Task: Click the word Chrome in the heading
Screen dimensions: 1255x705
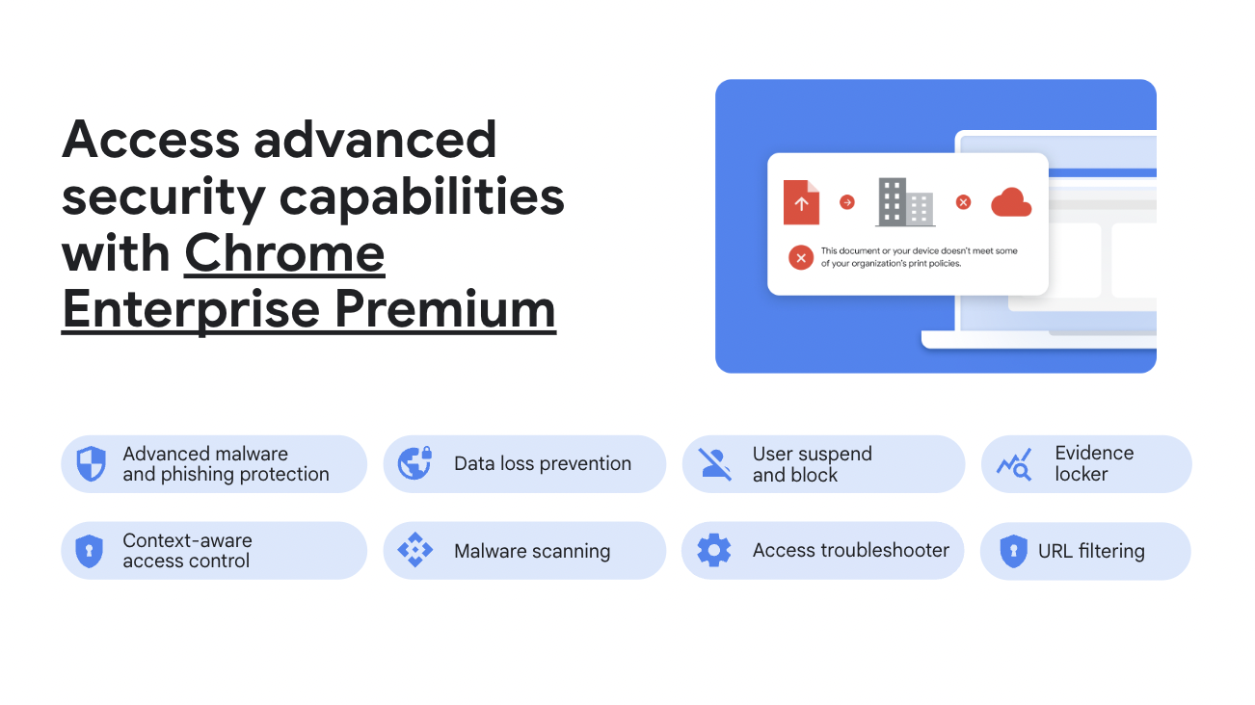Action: pyautogui.click(x=284, y=253)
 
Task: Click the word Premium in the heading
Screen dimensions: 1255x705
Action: pyautogui.click(x=445, y=309)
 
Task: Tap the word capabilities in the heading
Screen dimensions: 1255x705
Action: pyautogui.click(x=421, y=197)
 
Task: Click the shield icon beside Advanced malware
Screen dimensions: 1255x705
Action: pyautogui.click(x=91, y=463)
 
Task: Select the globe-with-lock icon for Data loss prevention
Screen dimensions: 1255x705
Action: pyautogui.click(x=415, y=463)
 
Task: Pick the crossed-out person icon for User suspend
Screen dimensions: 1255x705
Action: pyautogui.click(x=715, y=463)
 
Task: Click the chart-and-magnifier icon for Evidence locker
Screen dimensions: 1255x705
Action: pyautogui.click(x=1014, y=464)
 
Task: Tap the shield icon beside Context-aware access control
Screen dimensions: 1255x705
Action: pyautogui.click(x=90, y=551)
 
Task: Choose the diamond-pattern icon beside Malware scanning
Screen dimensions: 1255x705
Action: pyautogui.click(x=415, y=550)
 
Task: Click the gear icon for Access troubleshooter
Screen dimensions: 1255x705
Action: pyautogui.click(x=714, y=550)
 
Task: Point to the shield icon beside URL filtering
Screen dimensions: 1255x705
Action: pyautogui.click(x=1013, y=551)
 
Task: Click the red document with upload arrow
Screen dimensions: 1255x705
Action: pyautogui.click(x=801, y=202)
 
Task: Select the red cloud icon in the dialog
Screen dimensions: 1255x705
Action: pyautogui.click(x=1011, y=202)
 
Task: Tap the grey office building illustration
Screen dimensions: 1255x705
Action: pyautogui.click(x=905, y=202)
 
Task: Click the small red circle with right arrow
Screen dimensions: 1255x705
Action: pyautogui.click(x=847, y=202)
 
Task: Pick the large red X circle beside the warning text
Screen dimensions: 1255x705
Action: pyautogui.click(x=801, y=257)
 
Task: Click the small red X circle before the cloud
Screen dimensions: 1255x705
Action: pyautogui.click(x=963, y=202)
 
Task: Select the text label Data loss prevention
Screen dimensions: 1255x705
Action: pyautogui.click(x=543, y=463)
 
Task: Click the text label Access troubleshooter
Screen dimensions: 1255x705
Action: pyautogui.click(x=850, y=551)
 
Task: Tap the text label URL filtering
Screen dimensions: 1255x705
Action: pyautogui.click(x=1091, y=551)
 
